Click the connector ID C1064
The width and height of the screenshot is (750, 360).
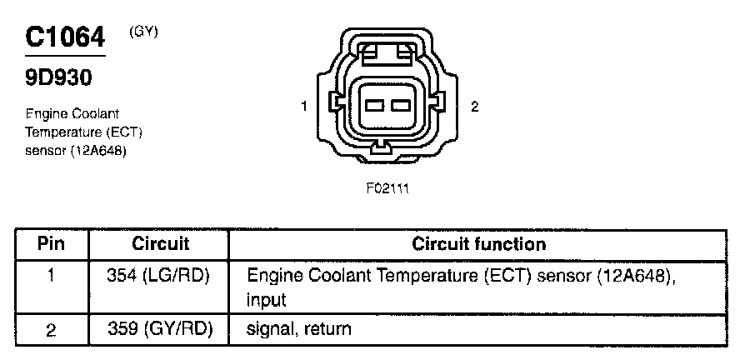pyautogui.click(x=66, y=37)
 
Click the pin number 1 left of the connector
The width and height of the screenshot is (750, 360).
pyautogui.click(x=305, y=106)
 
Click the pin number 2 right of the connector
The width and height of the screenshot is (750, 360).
pyautogui.click(x=474, y=106)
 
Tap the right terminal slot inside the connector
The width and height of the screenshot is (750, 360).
pyautogui.click(x=400, y=106)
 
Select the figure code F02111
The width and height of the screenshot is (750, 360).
pyautogui.click(x=387, y=188)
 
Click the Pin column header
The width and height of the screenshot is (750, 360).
pyautogui.click(x=52, y=243)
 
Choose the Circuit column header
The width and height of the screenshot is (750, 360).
pyautogui.click(x=161, y=243)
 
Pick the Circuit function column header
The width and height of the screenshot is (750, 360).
pyautogui.click(x=479, y=243)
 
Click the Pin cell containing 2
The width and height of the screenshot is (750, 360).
pyautogui.click(x=52, y=330)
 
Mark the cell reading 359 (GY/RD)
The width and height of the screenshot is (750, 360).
pyautogui.click(x=161, y=329)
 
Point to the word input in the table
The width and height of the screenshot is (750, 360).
pyautogui.click(x=267, y=299)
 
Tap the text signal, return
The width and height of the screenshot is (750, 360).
pyautogui.click(x=299, y=329)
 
